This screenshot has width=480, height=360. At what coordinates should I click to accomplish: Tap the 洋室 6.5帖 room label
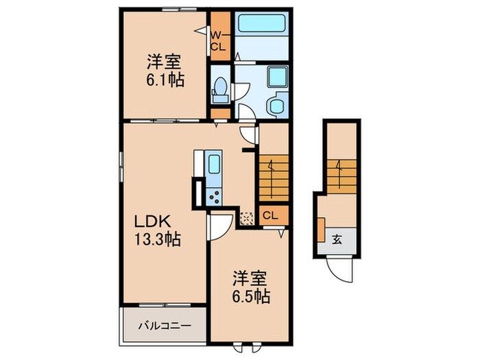pos(250,288)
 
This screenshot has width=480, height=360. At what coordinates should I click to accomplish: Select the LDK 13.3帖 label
pos(156,230)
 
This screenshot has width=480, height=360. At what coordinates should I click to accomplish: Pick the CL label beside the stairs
pos(270,215)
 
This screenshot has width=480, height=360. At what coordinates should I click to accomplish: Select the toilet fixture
pos(220,87)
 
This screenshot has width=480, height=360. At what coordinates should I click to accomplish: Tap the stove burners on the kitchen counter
pos(213,196)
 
